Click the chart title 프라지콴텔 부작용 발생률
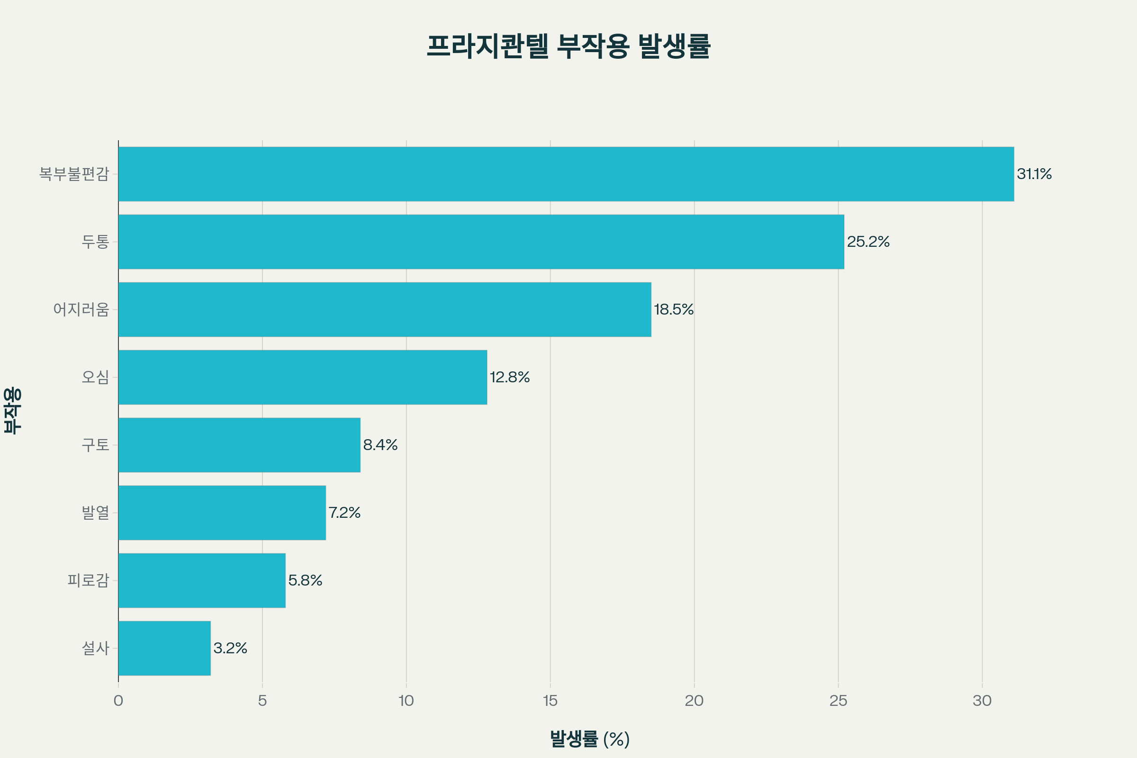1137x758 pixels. coord(568,46)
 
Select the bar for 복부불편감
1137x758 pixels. coord(566,174)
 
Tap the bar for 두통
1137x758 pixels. coord(481,242)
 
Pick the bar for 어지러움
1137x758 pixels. coord(384,309)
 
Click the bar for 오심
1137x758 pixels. coord(303,377)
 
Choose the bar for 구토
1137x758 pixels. coord(239,445)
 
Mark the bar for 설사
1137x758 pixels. coord(164,648)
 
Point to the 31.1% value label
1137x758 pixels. coord(1034,174)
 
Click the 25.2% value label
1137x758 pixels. coord(868,242)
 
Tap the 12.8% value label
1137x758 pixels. coord(510,377)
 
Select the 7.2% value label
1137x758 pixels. coord(344,513)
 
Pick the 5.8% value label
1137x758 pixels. coord(305,580)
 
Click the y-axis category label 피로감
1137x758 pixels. coord(88,580)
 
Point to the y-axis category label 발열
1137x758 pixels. coord(95,513)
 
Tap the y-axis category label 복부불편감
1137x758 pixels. coord(74,174)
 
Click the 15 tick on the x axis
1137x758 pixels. coord(550,701)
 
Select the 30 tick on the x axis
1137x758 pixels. coord(982,701)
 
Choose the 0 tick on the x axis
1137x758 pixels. coord(118,701)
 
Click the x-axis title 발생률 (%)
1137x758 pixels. coord(590,739)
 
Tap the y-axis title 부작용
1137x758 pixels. coord(13,410)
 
